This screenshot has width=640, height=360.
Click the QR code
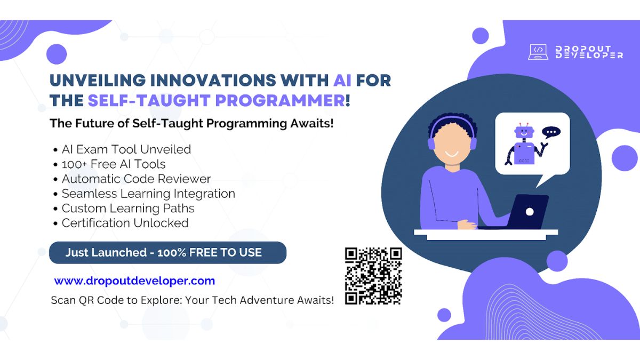373,276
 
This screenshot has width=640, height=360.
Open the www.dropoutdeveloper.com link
134,281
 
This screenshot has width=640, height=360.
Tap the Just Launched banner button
167,253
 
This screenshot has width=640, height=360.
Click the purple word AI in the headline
342,80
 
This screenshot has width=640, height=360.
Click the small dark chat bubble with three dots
551,132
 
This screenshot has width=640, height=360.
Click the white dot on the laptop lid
530,212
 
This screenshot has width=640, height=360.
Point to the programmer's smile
452,154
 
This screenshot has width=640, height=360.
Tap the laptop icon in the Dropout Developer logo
538,52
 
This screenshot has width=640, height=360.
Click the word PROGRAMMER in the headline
281,101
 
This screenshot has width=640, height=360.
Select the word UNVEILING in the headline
98,80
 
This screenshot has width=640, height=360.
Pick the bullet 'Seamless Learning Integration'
149,194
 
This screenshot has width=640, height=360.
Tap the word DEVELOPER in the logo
589,55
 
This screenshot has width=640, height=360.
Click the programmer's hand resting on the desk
467,225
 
